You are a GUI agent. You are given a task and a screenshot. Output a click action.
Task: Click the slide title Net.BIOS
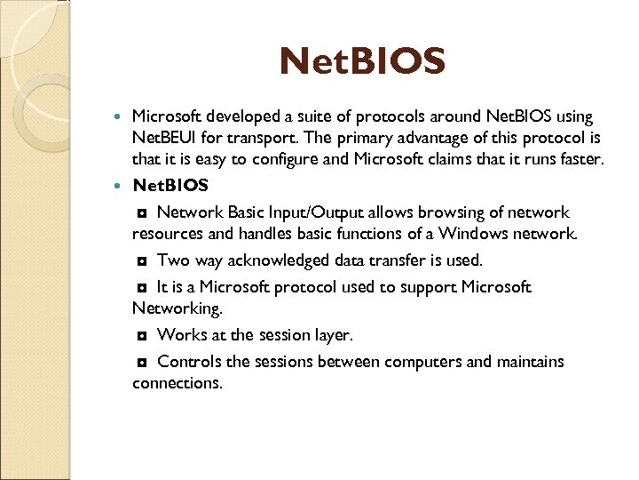point(362,62)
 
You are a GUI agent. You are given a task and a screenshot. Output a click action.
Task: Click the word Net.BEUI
point(167,138)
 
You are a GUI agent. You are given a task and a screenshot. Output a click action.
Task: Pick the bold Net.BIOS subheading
point(170,186)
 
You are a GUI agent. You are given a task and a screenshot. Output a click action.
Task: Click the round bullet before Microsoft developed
point(121,117)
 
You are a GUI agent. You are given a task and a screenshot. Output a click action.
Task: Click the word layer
point(333,335)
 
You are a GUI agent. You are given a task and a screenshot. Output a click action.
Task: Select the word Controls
point(190,362)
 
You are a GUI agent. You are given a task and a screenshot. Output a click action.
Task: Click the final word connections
point(177,383)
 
